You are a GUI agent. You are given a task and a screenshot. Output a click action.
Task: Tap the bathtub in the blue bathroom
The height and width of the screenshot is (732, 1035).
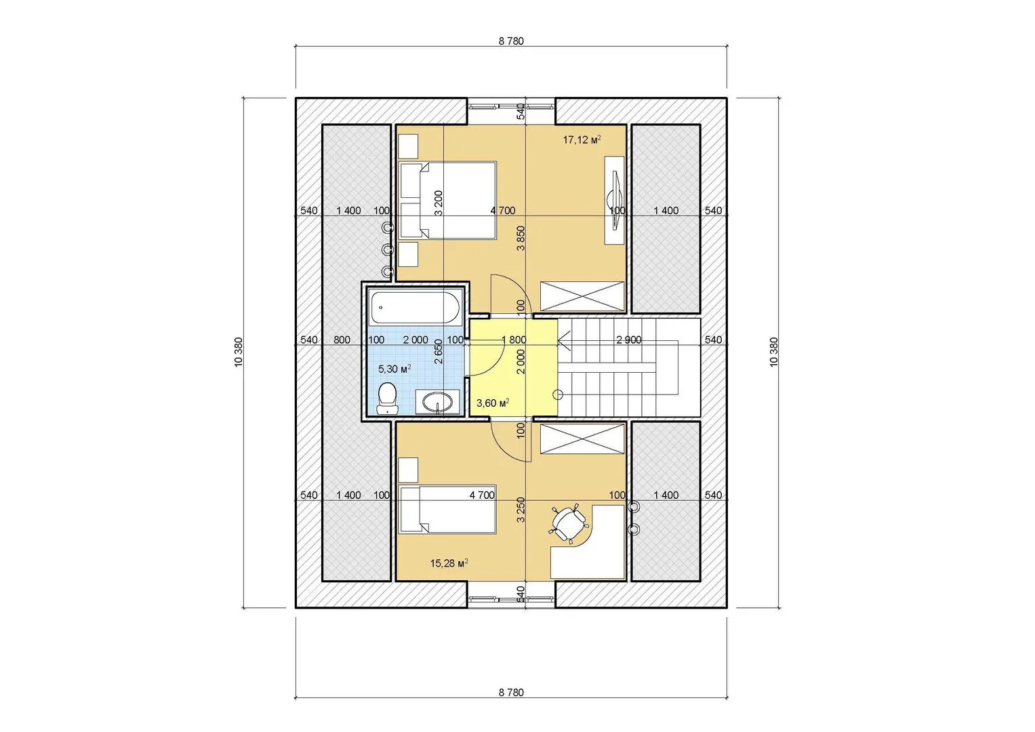point(415,307)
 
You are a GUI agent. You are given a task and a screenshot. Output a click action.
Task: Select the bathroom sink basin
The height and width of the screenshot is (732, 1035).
point(437,401)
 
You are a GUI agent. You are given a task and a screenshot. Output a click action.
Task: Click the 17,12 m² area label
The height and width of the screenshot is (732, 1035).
point(582,140)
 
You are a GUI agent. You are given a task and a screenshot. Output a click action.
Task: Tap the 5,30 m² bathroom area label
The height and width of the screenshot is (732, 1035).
point(394,369)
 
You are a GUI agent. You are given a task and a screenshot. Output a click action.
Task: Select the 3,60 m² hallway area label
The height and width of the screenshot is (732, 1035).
point(493,403)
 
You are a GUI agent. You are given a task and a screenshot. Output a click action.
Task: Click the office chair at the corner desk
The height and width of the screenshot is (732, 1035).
point(568,522)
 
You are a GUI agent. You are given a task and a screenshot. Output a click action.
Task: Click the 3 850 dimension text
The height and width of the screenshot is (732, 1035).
point(521,238)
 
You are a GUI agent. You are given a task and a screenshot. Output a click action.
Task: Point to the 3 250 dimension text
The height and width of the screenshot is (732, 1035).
point(521,510)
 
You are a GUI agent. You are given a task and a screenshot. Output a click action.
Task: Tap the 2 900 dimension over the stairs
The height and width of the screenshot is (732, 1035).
point(629,340)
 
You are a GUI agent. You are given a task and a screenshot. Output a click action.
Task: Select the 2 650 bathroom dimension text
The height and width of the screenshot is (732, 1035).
point(439,352)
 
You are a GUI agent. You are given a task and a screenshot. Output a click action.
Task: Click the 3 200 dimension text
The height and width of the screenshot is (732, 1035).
point(439,203)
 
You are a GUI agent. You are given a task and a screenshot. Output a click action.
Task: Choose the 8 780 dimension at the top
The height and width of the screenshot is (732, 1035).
point(511,41)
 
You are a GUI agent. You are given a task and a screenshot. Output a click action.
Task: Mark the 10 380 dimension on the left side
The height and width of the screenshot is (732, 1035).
point(239,352)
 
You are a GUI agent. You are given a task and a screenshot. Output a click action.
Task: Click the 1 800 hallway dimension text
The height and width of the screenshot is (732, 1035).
point(514,340)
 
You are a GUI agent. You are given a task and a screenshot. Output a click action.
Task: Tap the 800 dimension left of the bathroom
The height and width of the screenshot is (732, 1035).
point(342,340)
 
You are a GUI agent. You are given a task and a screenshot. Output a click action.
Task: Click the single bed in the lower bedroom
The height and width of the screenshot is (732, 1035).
point(448,509)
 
